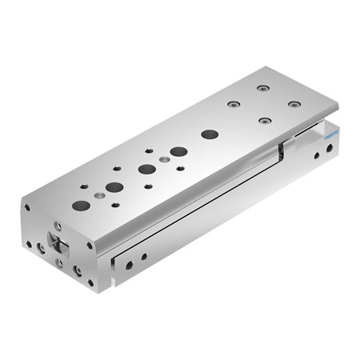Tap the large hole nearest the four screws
click(210, 134)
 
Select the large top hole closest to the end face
click(80, 206)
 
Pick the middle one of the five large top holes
click(146, 169)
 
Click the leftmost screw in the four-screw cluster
click(233, 103)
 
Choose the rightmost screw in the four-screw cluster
click(294, 104)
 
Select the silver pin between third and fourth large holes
click(164, 160)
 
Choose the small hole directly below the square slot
click(61, 260)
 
